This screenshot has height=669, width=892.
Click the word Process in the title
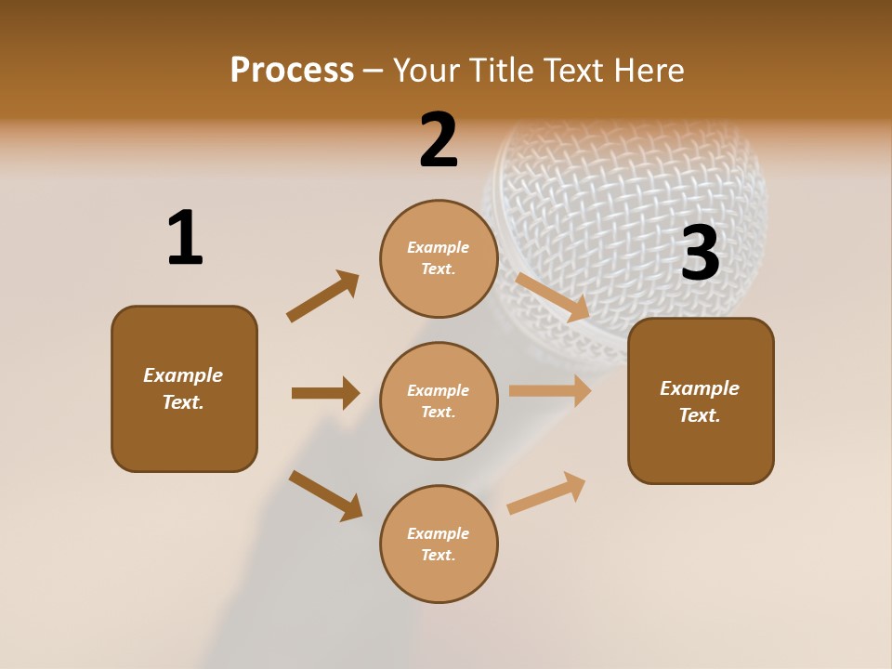click(x=292, y=71)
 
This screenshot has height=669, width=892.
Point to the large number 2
click(x=439, y=140)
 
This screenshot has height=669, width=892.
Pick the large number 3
click(x=700, y=254)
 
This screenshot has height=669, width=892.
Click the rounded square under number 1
click(x=184, y=388)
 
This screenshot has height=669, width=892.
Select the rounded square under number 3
click(x=701, y=400)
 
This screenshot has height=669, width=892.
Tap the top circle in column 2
click(x=439, y=258)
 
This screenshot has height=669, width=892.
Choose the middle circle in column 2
click(x=439, y=400)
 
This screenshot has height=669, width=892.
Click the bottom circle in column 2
click(x=439, y=544)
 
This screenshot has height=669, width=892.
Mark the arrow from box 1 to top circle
click(x=322, y=296)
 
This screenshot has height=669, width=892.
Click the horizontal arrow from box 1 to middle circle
click(x=325, y=393)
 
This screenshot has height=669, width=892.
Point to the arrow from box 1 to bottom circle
click(x=325, y=495)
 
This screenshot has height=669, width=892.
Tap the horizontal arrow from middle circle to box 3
click(x=550, y=391)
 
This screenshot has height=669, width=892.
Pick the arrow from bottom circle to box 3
click(x=546, y=492)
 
